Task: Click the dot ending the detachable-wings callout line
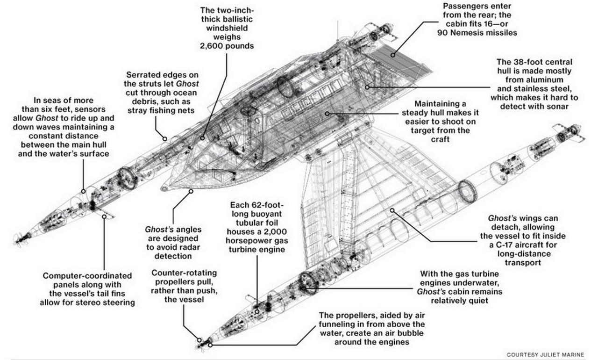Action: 392,210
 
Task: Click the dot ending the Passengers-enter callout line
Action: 393,55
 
